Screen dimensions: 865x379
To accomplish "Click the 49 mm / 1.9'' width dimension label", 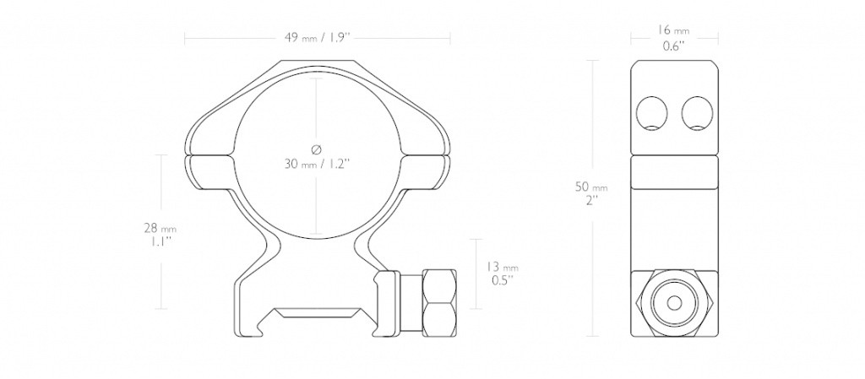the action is (x=318, y=38).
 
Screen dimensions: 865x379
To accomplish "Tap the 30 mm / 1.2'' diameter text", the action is (x=318, y=164).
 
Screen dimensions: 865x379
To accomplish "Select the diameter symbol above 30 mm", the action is (x=316, y=149).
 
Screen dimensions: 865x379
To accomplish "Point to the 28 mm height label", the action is (x=160, y=228).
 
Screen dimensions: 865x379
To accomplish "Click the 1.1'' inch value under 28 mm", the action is (x=160, y=242).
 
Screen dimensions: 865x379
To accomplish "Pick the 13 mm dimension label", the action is (x=503, y=268).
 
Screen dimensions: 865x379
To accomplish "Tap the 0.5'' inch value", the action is (x=503, y=280).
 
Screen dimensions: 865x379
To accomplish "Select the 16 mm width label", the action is (x=674, y=31).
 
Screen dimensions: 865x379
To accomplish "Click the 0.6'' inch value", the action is (x=674, y=46).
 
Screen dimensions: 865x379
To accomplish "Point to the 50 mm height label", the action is (x=592, y=187).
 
